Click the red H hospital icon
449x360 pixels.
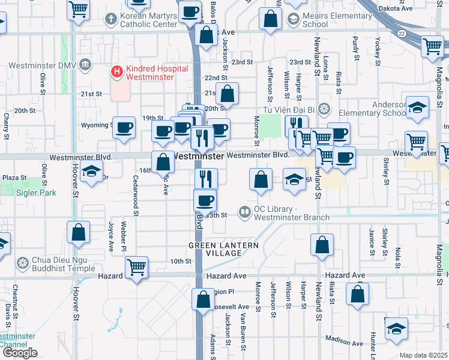[116, 72]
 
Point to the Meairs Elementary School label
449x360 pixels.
[323, 20]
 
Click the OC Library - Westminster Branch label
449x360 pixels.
[291, 213]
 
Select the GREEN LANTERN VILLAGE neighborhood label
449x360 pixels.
[223, 249]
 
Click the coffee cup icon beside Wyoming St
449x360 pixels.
[124, 127]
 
